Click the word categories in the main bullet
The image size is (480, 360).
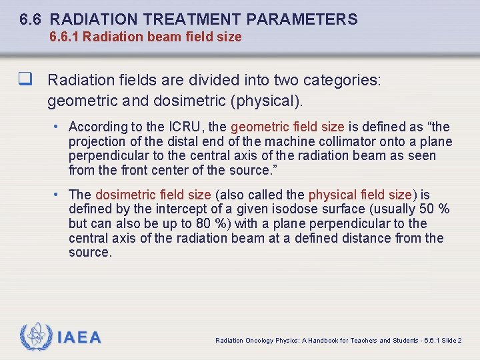click(x=341, y=81)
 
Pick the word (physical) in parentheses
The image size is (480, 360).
click(x=267, y=101)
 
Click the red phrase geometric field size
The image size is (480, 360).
click(x=287, y=127)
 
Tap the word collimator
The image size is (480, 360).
click(x=339, y=141)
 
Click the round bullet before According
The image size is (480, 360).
click(x=59, y=127)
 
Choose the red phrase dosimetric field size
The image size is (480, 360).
click(x=153, y=195)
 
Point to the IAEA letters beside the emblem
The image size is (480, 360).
click(x=79, y=337)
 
